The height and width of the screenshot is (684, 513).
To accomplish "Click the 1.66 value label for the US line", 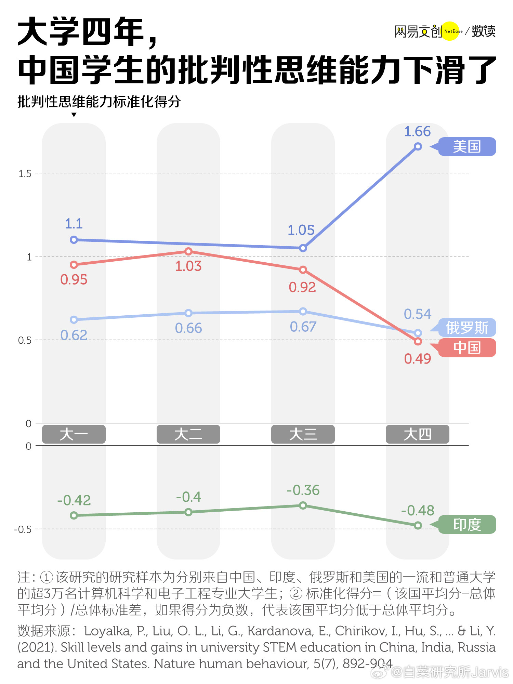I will [x=417, y=132].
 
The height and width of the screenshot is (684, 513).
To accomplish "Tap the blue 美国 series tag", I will [x=467, y=147].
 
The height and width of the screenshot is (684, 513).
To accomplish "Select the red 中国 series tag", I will [x=467, y=348].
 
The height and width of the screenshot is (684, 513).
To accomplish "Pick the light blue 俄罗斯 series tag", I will [x=467, y=328].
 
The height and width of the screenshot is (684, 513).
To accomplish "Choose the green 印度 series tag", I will [x=467, y=524].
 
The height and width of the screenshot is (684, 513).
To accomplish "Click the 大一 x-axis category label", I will [x=74, y=434].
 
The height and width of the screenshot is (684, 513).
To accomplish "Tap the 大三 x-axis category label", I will [x=303, y=434].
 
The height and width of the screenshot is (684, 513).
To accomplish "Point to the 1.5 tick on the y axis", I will [x=25, y=174].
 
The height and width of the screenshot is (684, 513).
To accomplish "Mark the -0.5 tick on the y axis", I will [x=23, y=529].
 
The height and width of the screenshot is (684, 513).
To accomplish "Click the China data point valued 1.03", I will [x=188, y=252].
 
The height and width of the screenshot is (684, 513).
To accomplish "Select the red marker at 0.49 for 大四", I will [x=418, y=341].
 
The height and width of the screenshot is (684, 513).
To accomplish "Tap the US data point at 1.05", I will [x=303, y=248].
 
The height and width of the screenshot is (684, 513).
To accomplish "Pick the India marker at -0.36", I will [x=303, y=505].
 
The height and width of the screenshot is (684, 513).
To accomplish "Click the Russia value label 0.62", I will [x=74, y=335].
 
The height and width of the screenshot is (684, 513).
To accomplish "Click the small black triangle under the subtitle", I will [x=74, y=115].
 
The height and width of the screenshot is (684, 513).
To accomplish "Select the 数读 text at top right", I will [x=484, y=31].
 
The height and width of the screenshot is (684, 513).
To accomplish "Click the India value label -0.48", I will [x=418, y=511].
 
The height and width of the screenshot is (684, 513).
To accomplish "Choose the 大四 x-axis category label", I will [x=418, y=434].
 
